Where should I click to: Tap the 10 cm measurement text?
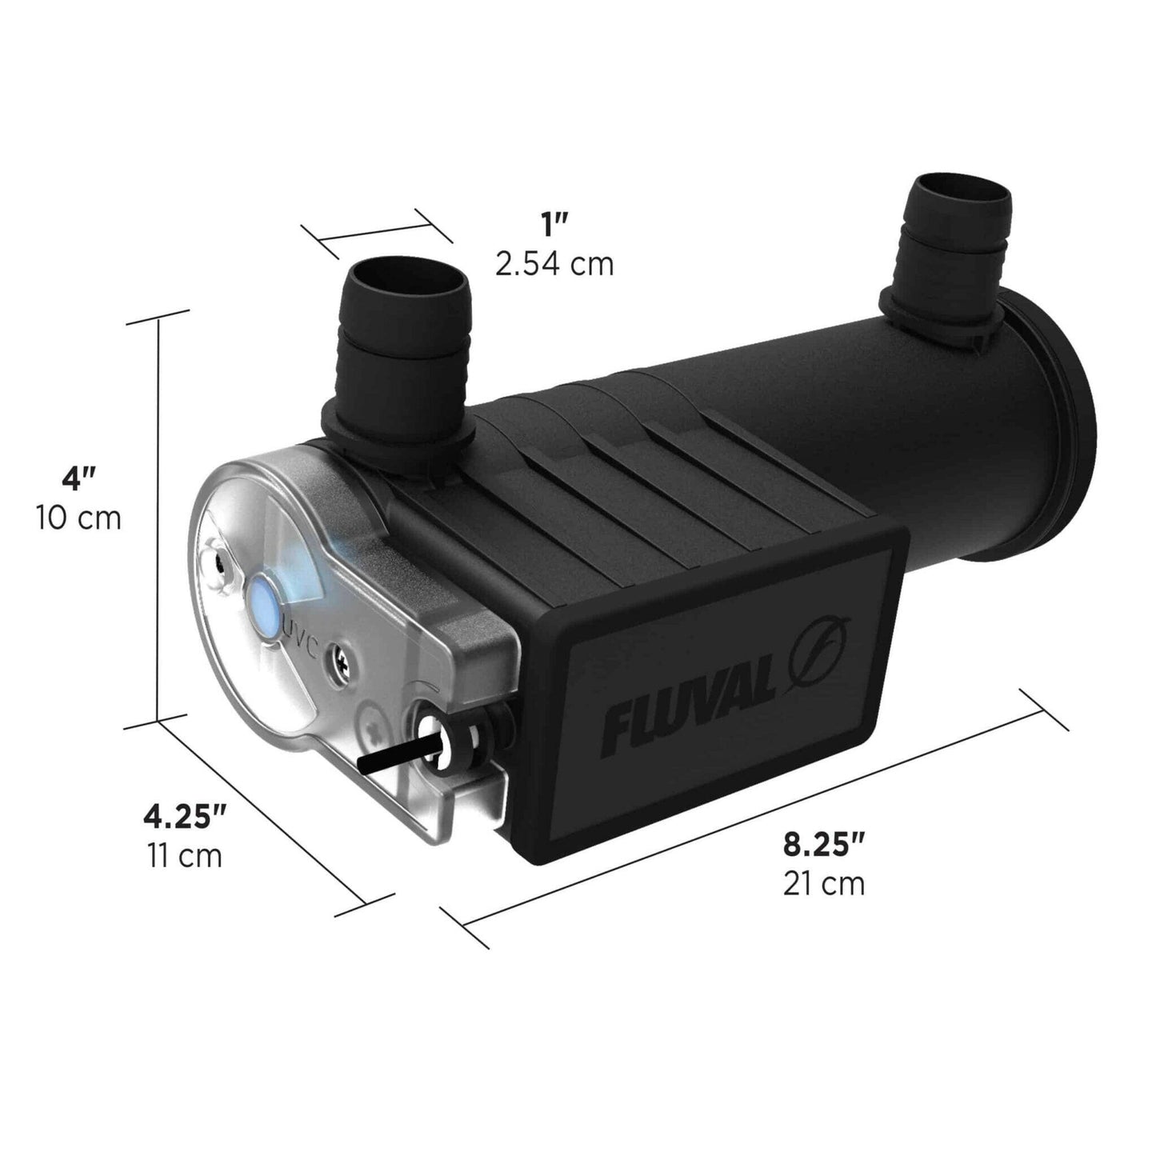pyautogui.click(x=78, y=518)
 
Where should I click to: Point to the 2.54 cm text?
pyautogui.click(x=554, y=263)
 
